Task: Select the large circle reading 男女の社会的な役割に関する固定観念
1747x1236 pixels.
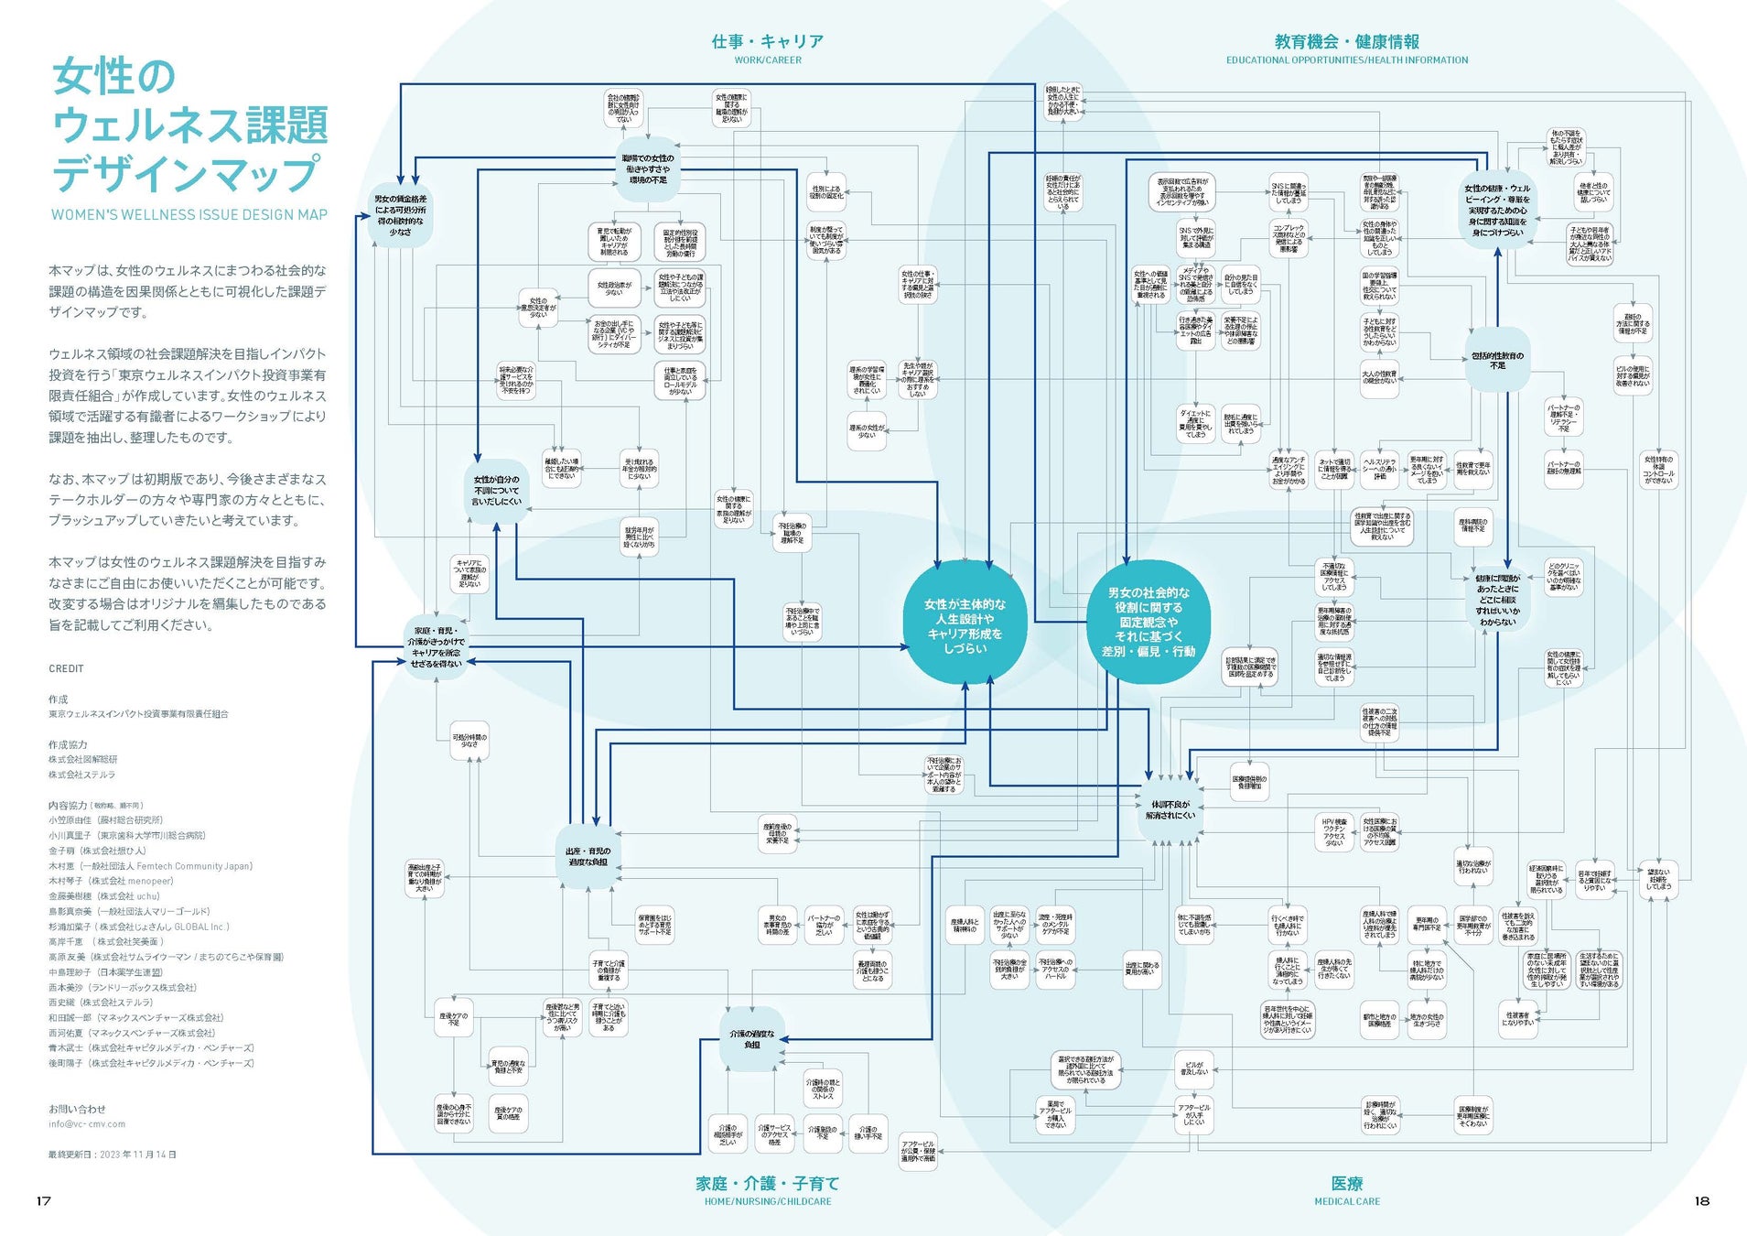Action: coord(1148,623)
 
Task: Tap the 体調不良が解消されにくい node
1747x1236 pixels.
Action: coord(1170,809)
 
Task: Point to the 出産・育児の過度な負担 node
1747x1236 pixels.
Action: coord(588,857)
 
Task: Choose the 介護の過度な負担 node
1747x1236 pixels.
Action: coord(751,1039)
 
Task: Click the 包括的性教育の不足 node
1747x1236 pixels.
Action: coord(1497,361)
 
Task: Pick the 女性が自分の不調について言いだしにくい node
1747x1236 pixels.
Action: coord(496,491)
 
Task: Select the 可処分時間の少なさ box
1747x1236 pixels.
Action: coord(469,741)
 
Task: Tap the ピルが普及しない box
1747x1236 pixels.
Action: coord(1193,1068)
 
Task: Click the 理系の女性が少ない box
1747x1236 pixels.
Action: coord(866,430)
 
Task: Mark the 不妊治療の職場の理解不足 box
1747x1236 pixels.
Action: coord(792,534)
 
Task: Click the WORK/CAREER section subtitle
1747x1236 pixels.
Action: coord(767,60)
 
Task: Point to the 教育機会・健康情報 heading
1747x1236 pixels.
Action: coord(1346,41)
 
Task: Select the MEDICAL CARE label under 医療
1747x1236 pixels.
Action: coord(1346,1201)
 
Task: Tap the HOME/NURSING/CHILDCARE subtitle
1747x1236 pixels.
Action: coord(767,1201)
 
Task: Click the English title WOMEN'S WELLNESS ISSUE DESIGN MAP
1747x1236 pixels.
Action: coord(189,214)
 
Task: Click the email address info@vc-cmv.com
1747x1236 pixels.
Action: coord(87,1123)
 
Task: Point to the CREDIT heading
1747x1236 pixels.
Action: coord(66,668)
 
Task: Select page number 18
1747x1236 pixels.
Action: coord(1701,1200)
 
